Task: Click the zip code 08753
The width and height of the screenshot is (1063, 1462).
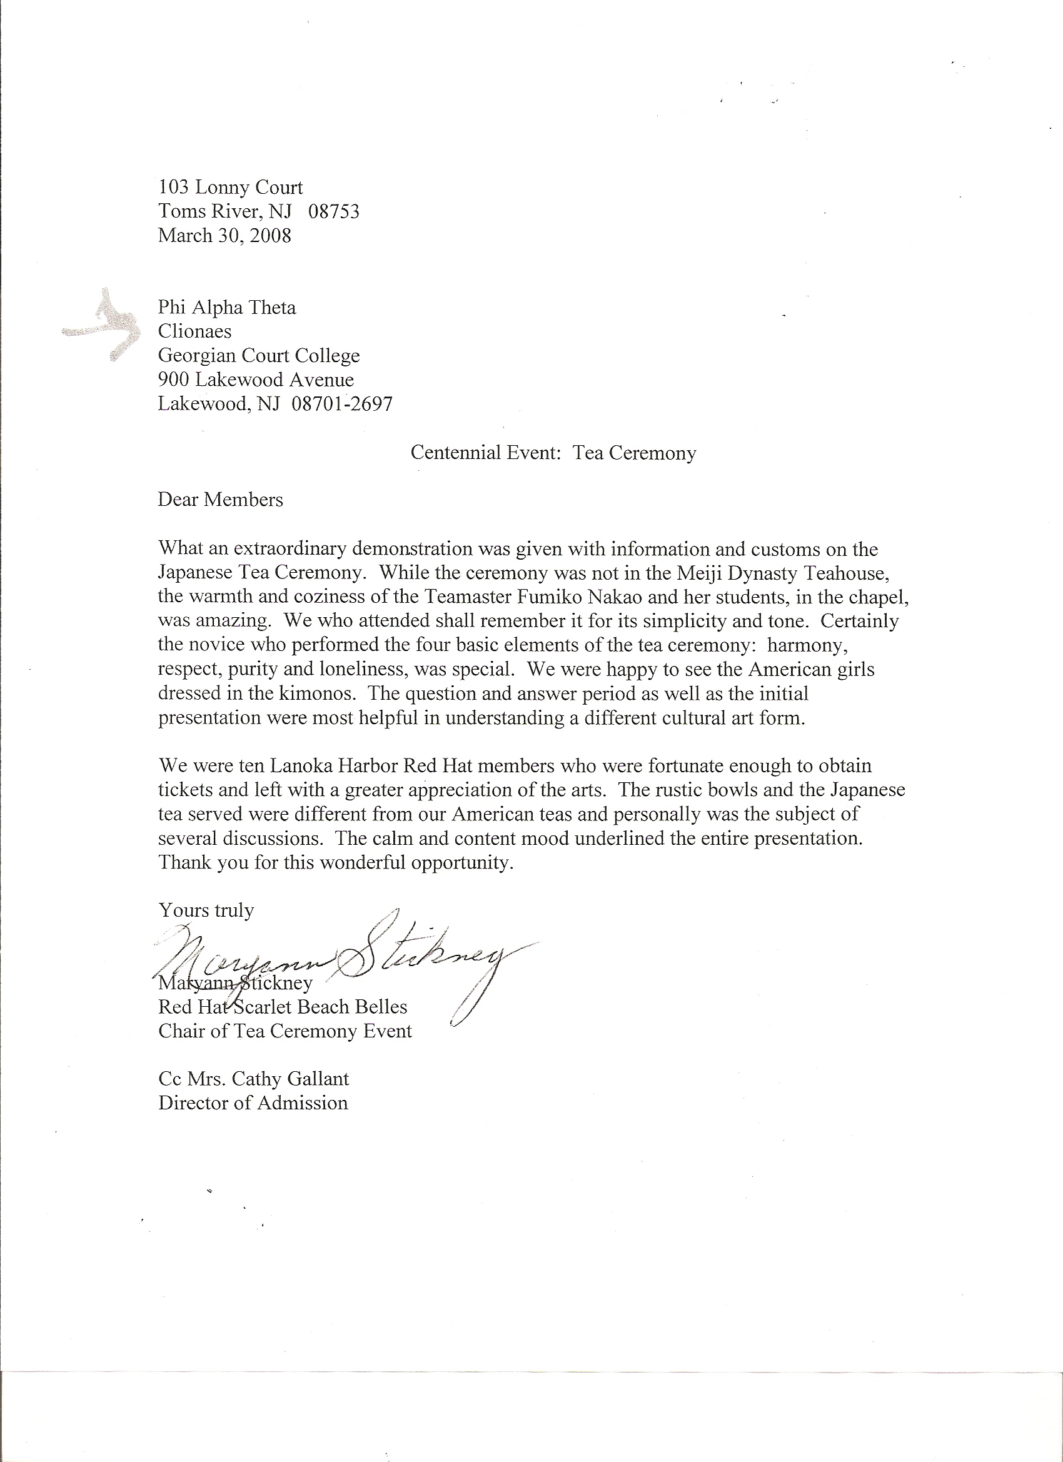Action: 333,211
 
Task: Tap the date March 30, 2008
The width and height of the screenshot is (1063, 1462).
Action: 224,235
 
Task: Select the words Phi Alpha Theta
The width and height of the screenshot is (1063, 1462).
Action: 227,308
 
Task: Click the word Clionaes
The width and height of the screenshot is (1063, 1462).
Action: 194,331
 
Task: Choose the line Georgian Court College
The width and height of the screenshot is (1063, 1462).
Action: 258,355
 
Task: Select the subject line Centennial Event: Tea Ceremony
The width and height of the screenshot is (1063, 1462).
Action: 553,453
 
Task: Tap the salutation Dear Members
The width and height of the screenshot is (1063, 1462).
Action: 221,500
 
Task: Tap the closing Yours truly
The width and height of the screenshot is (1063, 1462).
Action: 206,910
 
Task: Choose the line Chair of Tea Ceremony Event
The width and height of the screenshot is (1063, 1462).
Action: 285,1031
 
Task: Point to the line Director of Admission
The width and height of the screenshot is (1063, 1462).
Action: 253,1103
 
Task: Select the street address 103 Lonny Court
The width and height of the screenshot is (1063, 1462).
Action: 230,188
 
